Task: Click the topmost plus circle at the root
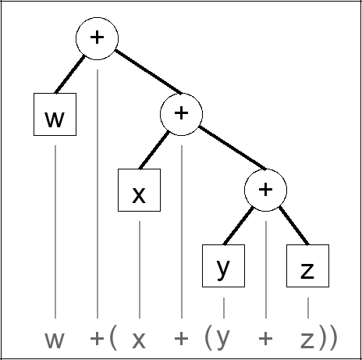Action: coord(97,37)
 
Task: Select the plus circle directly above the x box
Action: coord(181,113)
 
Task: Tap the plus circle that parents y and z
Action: coord(265,189)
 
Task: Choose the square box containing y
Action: coord(223,266)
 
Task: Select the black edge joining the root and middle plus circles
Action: coord(139,75)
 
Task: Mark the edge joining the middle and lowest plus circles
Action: coord(223,151)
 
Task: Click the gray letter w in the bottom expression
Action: coord(55,340)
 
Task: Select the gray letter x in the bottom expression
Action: coord(139,340)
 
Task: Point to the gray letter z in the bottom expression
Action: coord(307,340)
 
